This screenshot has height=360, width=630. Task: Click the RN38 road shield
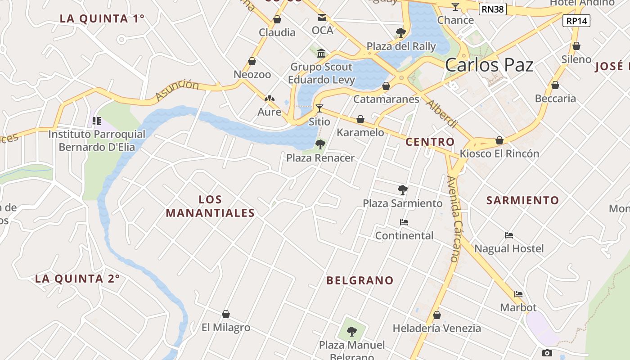[493, 9]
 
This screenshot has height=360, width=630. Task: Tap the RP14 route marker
[576, 20]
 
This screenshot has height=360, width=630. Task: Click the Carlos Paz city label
[489, 65]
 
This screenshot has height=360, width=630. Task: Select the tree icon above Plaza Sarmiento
[403, 190]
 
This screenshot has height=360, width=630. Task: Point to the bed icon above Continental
[404, 222]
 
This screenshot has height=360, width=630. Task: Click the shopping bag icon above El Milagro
[226, 314]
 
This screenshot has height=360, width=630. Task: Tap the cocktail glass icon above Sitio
[319, 108]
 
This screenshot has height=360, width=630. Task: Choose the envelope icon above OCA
[322, 18]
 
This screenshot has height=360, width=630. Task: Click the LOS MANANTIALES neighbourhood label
[210, 206]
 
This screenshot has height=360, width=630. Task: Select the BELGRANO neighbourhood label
[360, 281]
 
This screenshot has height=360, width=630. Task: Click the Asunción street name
[177, 90]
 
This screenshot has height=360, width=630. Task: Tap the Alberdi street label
[441, 115]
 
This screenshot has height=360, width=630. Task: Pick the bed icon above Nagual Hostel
[509, 235]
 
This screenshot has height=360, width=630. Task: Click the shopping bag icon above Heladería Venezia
[436, 315]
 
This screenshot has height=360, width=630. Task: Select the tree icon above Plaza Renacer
[320, 144]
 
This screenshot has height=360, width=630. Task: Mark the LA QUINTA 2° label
[77, 279]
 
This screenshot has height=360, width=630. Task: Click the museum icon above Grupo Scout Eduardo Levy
[321, 54]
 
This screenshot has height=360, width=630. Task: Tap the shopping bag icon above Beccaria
[555, 85]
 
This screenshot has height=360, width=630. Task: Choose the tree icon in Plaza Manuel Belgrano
[352, 332]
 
